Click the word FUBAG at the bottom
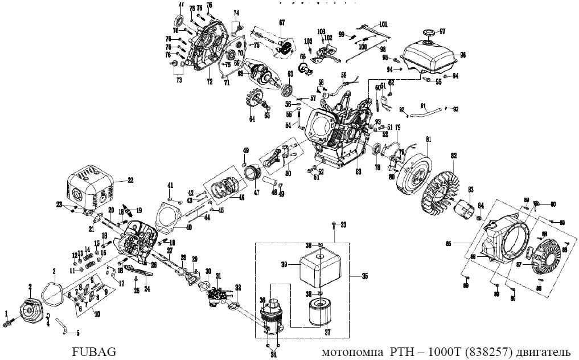coord(94,352)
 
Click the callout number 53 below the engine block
coord(358,170)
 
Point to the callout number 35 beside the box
coord(364,276)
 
